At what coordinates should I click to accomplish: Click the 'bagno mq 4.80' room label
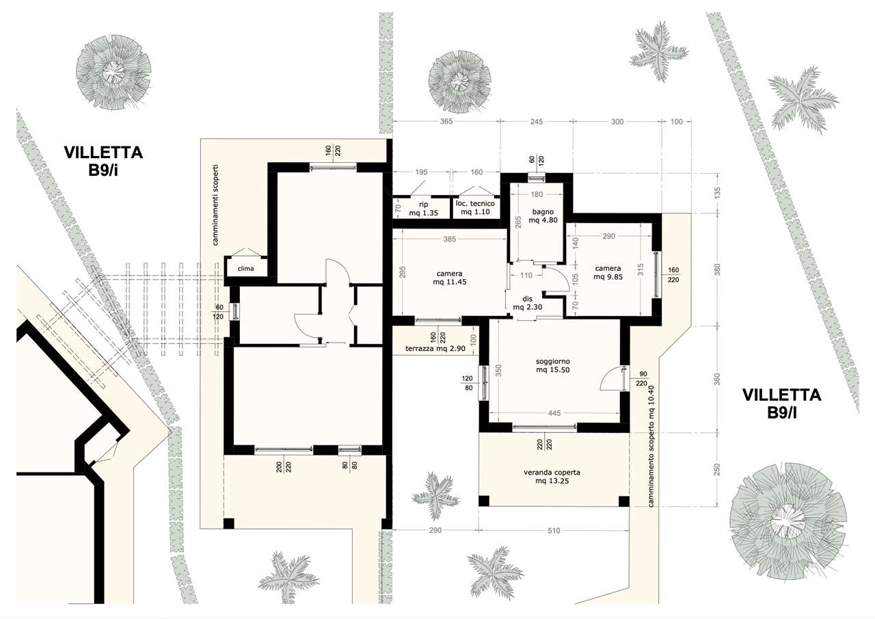(543, 216)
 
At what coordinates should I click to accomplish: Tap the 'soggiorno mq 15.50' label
(553, 365)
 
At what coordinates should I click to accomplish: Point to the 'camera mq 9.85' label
(608, 273)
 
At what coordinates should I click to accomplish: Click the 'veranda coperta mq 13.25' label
(552, 476)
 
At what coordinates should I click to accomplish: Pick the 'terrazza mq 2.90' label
(435, 348)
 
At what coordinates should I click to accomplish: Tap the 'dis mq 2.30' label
(527, 303)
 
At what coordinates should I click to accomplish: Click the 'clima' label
(245, 269)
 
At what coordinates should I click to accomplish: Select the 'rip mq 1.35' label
(423, 209)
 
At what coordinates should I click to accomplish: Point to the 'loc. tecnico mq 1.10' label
(475, 207)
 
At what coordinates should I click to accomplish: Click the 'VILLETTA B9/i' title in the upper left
(103, 161)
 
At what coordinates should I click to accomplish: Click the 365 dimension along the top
(446, 122)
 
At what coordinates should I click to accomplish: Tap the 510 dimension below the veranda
(554, 530)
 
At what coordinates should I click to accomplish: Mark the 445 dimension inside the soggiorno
(554, 413)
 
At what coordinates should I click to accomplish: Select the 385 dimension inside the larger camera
(450, 239)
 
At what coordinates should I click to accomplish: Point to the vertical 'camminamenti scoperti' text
(216, 205)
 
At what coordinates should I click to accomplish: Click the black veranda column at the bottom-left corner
(484, 501)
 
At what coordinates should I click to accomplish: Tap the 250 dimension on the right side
(716, 470)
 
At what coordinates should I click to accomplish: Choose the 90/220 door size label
(641, 379)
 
